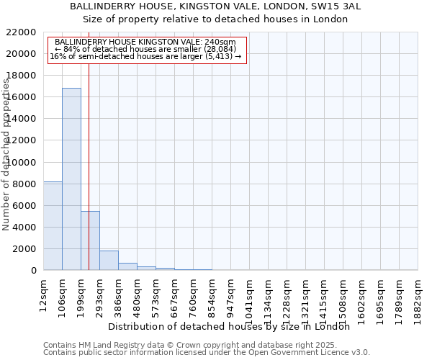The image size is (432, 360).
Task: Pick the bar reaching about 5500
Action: point(90,240)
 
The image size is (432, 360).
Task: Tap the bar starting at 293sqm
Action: point(109,261)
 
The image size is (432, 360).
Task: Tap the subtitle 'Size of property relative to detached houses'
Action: point(215,19)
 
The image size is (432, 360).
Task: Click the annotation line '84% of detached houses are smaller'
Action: point(147,49)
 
